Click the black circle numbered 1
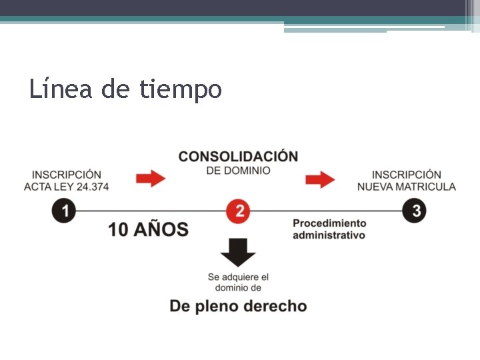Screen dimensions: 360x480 (x=64, y=211)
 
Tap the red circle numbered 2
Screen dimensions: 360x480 (x=238, y=211)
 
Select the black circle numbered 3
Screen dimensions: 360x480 (x=415, y=211)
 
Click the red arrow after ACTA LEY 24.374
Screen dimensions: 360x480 (x=151, y=179)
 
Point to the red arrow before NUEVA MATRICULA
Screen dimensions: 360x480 (x=320, y=179)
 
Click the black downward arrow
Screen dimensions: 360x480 (x=238, y=252)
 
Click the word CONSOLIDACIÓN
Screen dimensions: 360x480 (x=238, y=157)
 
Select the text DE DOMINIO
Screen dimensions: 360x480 (x=238, y=171)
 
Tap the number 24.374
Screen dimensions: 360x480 (x=93, y=187)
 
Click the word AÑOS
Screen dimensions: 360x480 (x=161, y=229)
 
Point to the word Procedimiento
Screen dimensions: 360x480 (x=329, y=223)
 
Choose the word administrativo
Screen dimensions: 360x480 (x=329, y=235)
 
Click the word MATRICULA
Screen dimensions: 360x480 (x=427, y=187)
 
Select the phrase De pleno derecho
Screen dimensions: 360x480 (x=238, y=306)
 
